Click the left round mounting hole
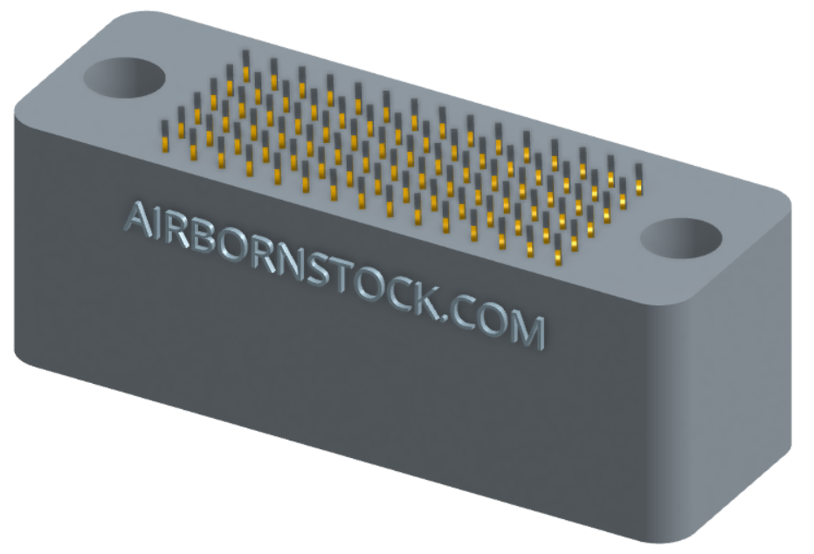click(125, 78)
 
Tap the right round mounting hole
click(680, 238)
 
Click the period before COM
click(443, 316)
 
